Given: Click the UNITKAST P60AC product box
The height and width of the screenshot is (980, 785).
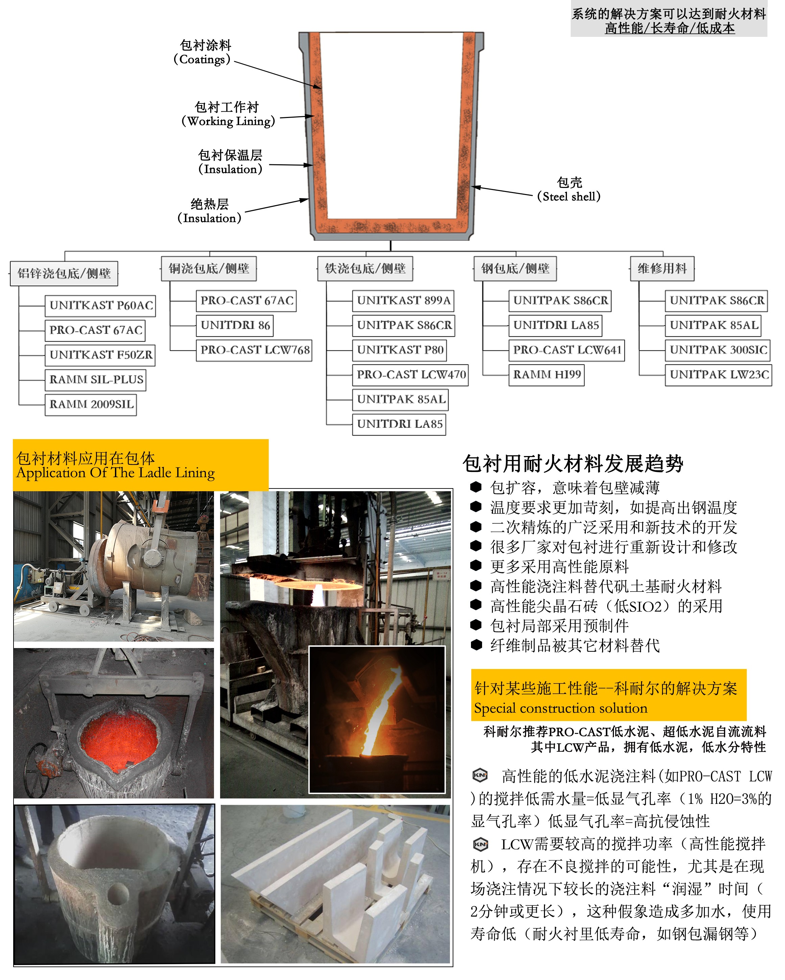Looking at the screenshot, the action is pos(100,306).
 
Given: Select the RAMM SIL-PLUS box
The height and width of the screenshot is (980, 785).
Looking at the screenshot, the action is pos(95,380).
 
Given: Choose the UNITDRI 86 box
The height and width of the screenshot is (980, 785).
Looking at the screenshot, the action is pos(235,326).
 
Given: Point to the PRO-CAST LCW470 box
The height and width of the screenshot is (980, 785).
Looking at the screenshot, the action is pos(410,375).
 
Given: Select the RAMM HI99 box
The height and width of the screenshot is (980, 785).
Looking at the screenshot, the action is pos(546,375).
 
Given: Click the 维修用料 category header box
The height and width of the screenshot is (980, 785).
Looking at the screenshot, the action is pos(662,269).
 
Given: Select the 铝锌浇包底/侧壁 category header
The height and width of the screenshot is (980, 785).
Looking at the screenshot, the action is pos(64,273).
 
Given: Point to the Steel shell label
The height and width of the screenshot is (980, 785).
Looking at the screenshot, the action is pos(569,190).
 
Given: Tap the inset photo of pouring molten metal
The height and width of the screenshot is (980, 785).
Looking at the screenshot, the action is pos(377,720).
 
